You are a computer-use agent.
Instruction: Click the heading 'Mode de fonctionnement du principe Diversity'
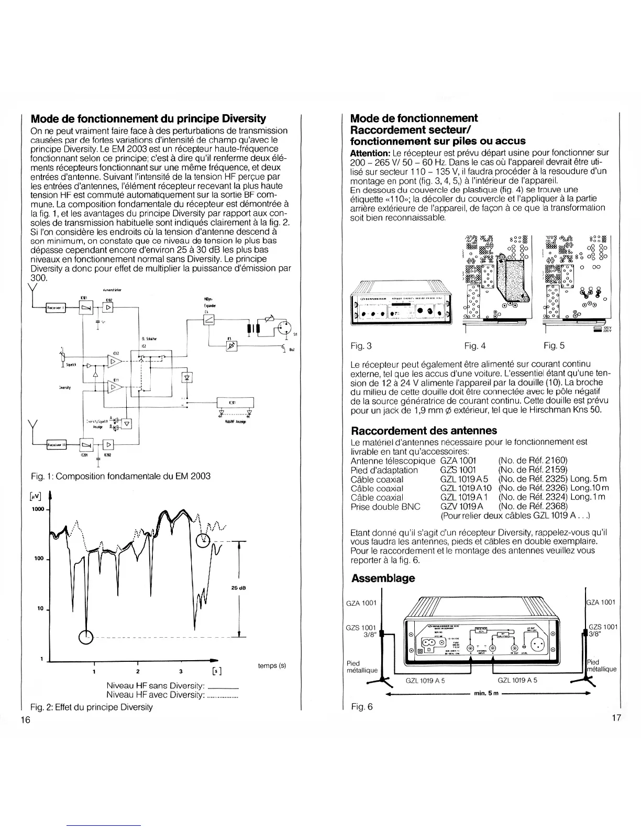click(x=148, y=118)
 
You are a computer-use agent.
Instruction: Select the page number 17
click(x=615, y=717)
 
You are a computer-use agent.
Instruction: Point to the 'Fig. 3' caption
click(x=361, y=346)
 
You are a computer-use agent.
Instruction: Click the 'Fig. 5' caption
click(x=554, y=346)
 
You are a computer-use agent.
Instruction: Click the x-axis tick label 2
click(x=137, y=671)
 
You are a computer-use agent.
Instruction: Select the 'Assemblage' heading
click(x=383, y=578)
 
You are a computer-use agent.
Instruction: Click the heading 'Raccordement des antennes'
click(x=424, y=431)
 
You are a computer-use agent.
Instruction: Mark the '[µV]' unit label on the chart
click(x=37, y=495)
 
